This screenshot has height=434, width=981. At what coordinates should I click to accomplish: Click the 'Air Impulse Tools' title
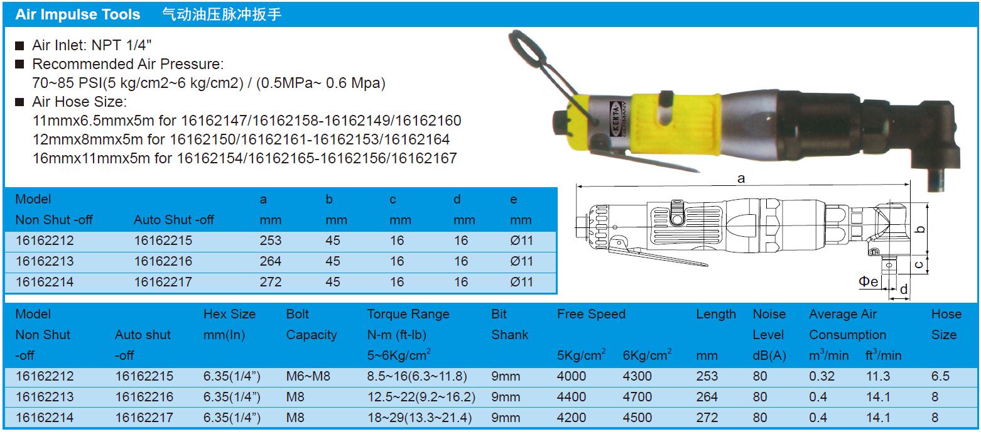point(77,14)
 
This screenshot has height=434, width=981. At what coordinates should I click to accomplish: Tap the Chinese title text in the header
point(222,14)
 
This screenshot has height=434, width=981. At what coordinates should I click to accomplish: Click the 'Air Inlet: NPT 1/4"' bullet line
point(92,45)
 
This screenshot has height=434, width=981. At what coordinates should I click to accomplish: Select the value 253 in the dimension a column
point(270,241)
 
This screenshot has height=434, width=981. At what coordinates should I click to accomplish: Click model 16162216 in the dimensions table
point(163,261)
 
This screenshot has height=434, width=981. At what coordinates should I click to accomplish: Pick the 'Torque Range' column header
point(408,314)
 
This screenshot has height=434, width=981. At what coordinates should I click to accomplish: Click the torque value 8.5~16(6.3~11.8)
point(417,376)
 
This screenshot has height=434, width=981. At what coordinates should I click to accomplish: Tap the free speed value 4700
point(637,397)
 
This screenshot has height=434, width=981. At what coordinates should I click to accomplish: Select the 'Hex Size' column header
point(229,314)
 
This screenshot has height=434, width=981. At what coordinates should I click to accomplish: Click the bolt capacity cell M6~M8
point(308,376)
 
